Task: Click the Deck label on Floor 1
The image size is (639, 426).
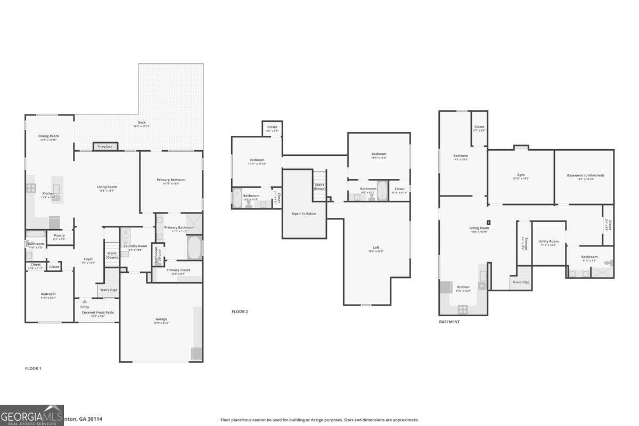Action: (142, 123)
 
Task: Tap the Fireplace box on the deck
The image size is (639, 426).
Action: (105, 146)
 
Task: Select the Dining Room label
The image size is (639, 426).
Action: (48, 136)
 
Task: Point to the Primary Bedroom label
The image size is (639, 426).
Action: (171, 180)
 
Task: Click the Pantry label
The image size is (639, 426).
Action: (60, 235)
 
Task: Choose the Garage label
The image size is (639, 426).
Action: (161, 319)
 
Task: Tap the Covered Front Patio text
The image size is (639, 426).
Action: (97, 313)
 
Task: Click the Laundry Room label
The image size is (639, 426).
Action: (135, 246)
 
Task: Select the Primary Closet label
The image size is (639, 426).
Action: (178, 270)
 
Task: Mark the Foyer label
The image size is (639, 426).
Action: (88, 259)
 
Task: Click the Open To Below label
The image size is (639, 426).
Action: (304, 214)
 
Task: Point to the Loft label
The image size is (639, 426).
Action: (376, 248)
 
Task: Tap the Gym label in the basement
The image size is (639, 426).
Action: (520, 175)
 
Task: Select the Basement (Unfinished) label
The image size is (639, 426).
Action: (585, 175)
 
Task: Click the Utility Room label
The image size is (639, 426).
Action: (548, 241)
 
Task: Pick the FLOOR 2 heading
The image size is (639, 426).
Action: (240, 312)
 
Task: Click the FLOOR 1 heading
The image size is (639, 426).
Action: (33, 368)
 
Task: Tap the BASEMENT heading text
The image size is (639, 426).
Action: (449, 322)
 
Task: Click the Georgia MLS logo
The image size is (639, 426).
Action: (32, 415)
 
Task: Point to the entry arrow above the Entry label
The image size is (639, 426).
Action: (84, 301)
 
